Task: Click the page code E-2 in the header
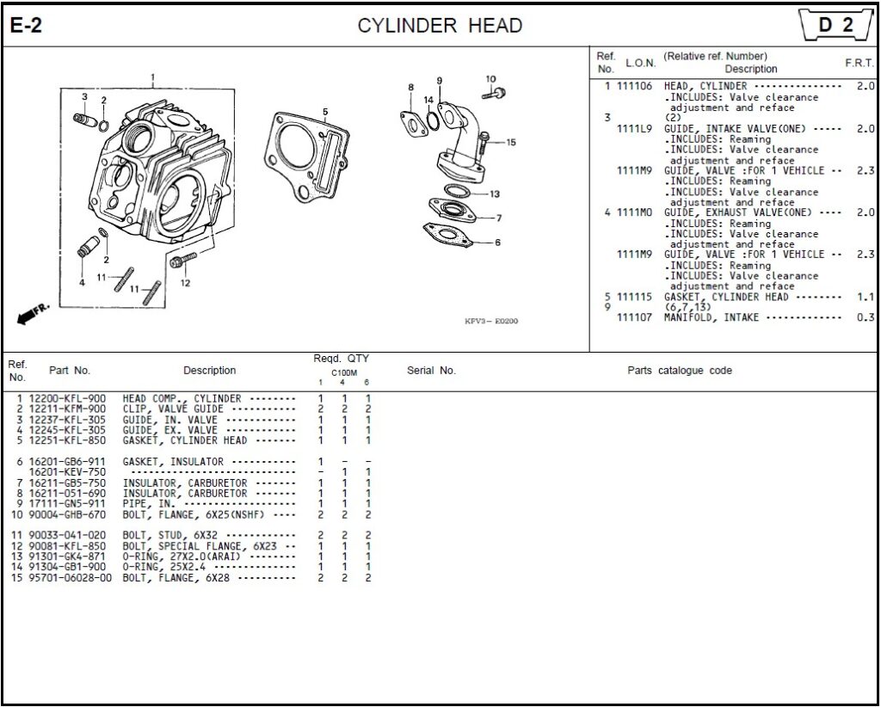[26, 26]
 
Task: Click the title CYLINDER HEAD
[440, 26]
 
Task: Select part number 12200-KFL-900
[68, 399]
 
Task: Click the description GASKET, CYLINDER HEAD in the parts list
[185, 440]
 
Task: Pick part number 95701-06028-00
[71, 578]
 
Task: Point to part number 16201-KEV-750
[68, 472]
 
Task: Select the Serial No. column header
[431, 371]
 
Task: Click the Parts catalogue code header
[679, 371]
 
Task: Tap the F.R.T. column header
[859, 64]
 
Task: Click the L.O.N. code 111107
[635, 317]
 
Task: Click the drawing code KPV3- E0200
[490, 322]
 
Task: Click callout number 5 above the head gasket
[325, 112]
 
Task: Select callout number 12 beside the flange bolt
[185, 284]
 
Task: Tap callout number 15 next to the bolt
[510, 143]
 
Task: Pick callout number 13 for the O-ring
[494, 194]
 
